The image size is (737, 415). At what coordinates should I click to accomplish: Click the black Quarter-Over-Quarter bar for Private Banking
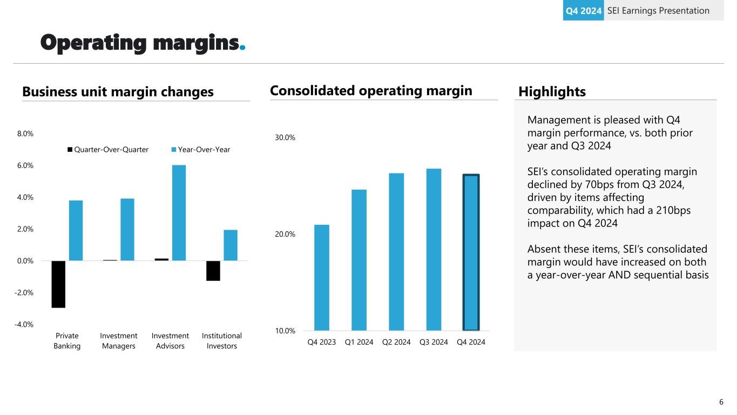pos(58,284)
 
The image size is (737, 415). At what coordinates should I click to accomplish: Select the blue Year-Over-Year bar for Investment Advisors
pos(179,213)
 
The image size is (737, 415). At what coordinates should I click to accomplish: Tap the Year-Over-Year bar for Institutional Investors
pos(231,245)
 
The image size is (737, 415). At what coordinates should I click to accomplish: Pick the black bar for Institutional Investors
pos(213,271)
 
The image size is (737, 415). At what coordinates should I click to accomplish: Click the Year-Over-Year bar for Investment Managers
pos(127,230)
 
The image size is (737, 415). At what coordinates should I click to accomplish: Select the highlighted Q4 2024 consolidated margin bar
pos(471,252)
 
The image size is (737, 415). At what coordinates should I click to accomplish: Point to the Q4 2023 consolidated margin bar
pos(322,277)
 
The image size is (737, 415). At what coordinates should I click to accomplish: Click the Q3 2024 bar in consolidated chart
pos(434,249)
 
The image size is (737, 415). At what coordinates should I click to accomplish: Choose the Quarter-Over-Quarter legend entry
pos(107,150)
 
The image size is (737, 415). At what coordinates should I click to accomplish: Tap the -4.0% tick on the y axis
pos(23,324)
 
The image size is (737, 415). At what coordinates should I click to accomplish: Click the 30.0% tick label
pos(285,138)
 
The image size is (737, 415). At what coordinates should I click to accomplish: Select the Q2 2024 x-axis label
pos(396,342)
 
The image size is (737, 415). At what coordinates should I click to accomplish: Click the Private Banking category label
pos(67,341)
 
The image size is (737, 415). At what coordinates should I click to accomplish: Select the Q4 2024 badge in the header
pos(583,11)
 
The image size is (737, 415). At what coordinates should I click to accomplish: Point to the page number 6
pos(721,402)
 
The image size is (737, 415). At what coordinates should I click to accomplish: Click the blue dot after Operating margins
pos(242,48)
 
